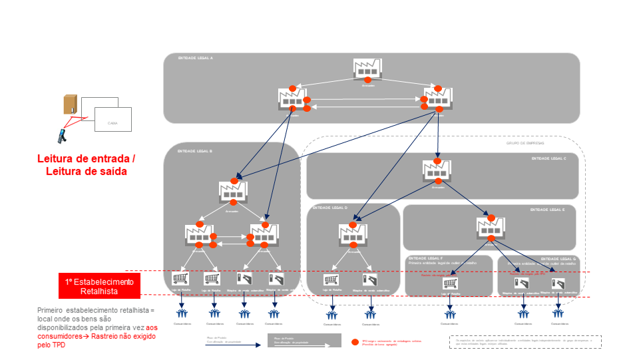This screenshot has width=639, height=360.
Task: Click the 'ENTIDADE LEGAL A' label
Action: pos(196,59)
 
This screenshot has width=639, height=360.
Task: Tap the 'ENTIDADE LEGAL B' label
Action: pos(195,152)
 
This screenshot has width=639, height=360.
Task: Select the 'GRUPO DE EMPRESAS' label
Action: pos(526,142)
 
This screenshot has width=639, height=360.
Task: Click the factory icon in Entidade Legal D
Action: pos(352,234)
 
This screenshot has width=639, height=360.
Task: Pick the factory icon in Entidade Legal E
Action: pos(490,228)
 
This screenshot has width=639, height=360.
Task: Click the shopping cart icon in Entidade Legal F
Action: pos(451,283)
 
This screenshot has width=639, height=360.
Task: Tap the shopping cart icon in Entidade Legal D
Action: pos(331,280)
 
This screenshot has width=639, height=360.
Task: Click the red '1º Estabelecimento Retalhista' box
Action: pos(99,286)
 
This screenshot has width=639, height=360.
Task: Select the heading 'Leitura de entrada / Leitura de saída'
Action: pos(86,165)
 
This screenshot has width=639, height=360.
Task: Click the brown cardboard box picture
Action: pos(70,104)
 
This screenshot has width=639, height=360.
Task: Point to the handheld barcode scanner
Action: pos(61,136)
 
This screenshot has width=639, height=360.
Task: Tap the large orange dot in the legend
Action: pos(355,342)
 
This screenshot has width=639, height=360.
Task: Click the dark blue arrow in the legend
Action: pos(233,345)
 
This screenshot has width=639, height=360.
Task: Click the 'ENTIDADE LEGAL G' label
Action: pos(558,258)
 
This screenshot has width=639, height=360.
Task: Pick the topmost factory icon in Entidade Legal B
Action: pos(233,192)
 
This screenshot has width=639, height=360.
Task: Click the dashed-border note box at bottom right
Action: pos(526,341)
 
